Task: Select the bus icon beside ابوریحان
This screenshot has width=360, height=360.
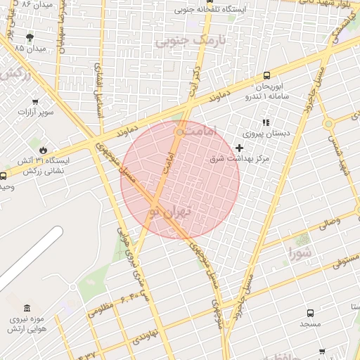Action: click(x=266, y=75)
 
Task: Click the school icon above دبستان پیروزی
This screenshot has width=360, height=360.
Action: click(x=265, y=122)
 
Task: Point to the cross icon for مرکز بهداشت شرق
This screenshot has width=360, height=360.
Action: click(x=240, y=148)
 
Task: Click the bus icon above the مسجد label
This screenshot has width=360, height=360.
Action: click(x=309, y=312)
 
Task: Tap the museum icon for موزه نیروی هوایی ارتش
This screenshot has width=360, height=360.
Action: click(x=27, y=309)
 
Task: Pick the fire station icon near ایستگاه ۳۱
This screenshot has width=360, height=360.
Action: click(x=44, y=150)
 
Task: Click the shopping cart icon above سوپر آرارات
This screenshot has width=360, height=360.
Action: click(x=34, y=101)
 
